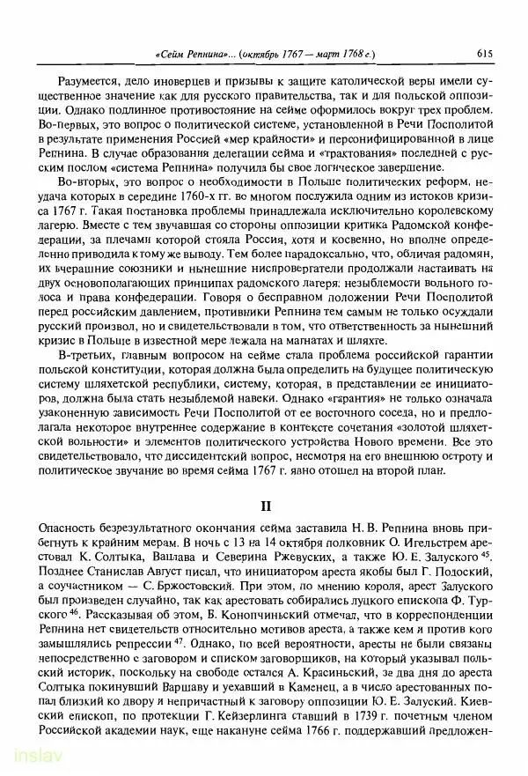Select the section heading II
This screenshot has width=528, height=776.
tap(263, 506)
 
